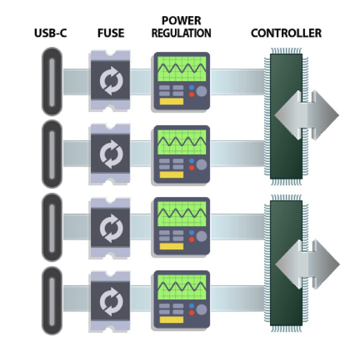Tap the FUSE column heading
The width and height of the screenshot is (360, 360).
coord(110,33)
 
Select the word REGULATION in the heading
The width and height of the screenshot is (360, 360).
coord(182,33)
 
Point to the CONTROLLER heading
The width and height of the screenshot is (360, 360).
coord(286,33)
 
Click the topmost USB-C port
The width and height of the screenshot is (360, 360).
coord(52,82)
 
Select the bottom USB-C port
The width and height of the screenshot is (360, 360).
coord(52,300)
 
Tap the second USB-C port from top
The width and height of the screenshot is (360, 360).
coord(52,154)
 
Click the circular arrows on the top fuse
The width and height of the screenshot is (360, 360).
coord(110,82)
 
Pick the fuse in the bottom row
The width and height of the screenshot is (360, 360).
coord(110,300)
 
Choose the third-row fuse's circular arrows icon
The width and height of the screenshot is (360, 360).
coord(110,227)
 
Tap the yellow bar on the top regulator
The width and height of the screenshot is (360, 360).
coord(172,102)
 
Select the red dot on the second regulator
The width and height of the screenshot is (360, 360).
coord(192,167)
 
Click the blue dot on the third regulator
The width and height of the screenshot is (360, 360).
coord(192,233)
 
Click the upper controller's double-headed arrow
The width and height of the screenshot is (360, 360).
coord(306,115)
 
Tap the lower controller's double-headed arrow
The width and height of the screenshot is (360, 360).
coord(306,262)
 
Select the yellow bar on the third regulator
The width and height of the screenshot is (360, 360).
coord(172,247)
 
